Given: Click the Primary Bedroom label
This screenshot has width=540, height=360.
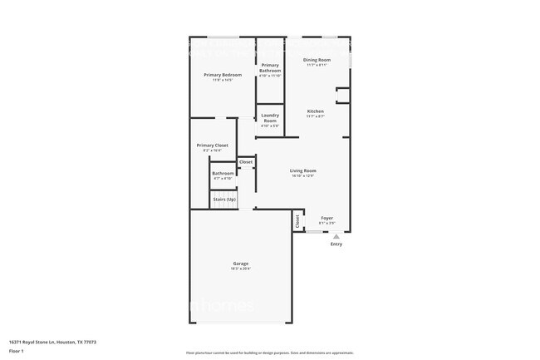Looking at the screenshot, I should (221, 75).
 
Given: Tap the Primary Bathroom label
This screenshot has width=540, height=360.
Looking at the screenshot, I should (270, 67).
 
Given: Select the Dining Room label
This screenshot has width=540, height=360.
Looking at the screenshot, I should (317, 60).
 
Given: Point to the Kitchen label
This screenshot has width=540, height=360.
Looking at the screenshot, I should (316, 111).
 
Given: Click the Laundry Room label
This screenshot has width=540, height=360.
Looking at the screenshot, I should (270, 118).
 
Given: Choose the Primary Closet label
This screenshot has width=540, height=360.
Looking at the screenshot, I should (212, 145).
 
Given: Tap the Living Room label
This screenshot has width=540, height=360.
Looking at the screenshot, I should (303, 170).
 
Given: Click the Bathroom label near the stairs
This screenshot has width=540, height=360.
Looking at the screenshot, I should (223, 173).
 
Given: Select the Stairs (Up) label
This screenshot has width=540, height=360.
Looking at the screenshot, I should (224, 200).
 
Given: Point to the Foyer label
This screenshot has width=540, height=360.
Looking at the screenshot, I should (327, 218).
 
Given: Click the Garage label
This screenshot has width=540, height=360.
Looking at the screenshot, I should (240, 264).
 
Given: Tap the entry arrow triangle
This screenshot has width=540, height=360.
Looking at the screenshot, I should (336, 236).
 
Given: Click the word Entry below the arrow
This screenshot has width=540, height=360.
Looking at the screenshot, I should (336, 244).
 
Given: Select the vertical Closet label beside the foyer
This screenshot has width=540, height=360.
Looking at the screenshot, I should (297, 222).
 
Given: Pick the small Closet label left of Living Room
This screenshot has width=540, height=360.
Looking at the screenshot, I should (246, 162).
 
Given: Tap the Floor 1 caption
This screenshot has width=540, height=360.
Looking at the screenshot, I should (16, 350).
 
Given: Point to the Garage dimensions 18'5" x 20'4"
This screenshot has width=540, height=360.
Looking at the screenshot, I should (240, 269).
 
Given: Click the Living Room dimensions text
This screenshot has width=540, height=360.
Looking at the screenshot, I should (303, 176).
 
